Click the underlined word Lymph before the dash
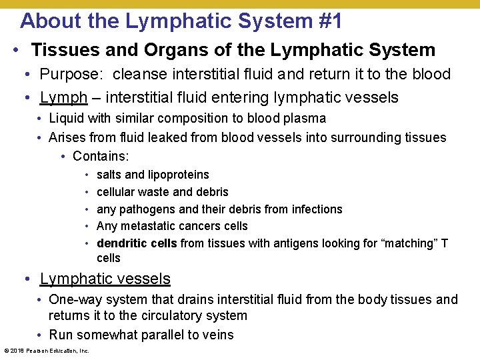click(63, 98)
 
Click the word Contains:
click(101, 157)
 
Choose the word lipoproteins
click(178, 175)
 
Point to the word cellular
click(117, 192)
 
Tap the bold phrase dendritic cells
click(137, 244)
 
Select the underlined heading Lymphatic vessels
click(105, 279)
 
